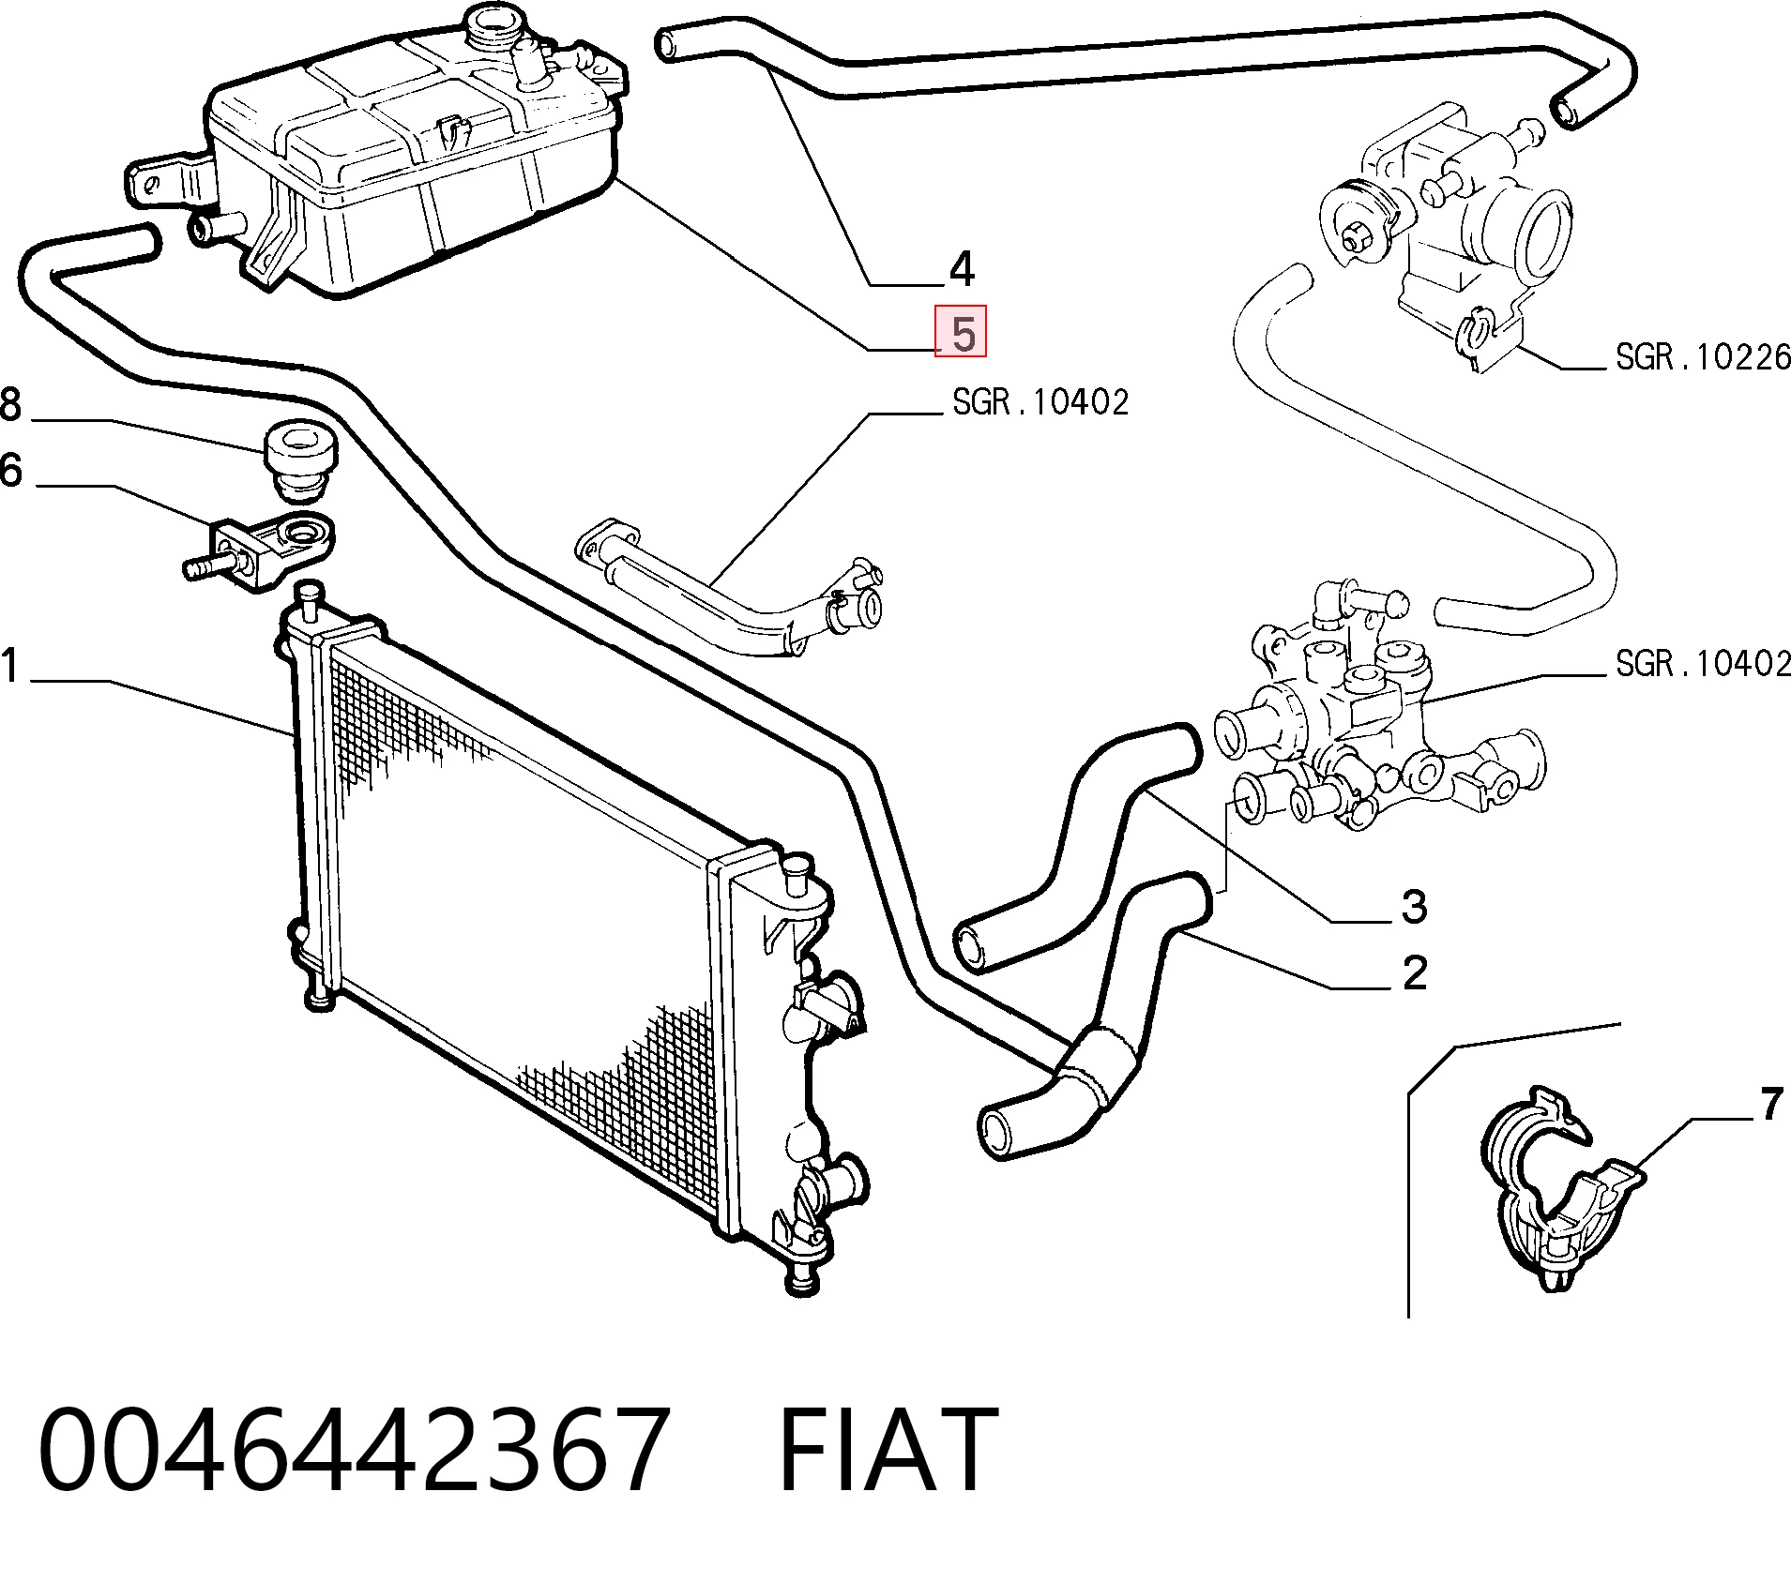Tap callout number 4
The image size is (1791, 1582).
pos(962,269)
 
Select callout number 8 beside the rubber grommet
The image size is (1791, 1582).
pos(9,404)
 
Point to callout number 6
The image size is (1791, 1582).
pos(9,470)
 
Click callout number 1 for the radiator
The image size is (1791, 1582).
pos(9,666)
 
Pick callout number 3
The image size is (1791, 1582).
pos(1414,907)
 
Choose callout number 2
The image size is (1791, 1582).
pos(1414,973)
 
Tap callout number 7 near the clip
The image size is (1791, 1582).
pos(1770,1105)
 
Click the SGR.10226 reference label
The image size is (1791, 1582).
pos(1703,356)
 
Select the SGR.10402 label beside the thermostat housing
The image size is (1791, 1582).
pos(1703,664)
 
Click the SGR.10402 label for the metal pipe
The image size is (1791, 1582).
pos(1040,402)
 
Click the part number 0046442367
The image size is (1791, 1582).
pos(354,1449)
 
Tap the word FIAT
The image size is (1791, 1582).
pos(887,1449)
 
